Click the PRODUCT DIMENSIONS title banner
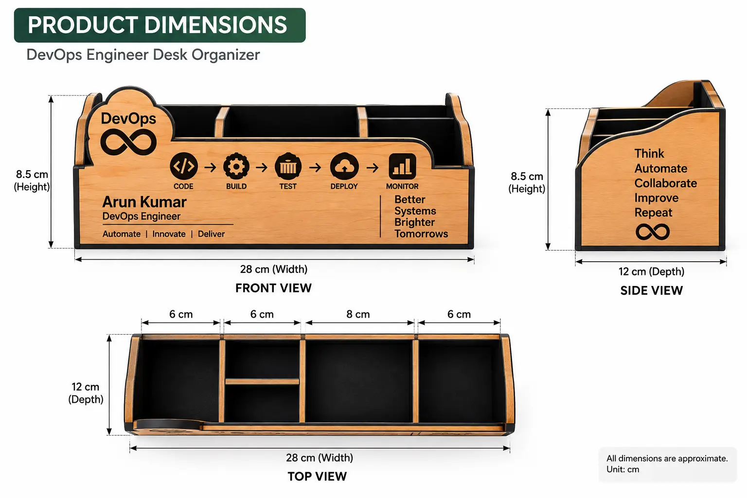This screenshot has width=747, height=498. pyautogui.click(x=160, y=25)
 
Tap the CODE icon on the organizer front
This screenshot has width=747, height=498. pyautogui.click(x=183, y=166)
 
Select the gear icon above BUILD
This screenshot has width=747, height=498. pyautogui.click(x=236, y=166)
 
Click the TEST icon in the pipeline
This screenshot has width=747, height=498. pyautogui.click(x=288, y=166)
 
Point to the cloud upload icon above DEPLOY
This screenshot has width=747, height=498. pyautogui.click(x=344, y=166)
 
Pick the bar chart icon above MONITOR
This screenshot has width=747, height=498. pyautogui.click(x=402, y=166)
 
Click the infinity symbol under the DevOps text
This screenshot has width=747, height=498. pyautogui.click(x=128, y=142)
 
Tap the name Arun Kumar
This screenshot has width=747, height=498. pyautogui.click(x=144, y=202)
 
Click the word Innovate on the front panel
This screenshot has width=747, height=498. pyautogui.click(x=169, y=234)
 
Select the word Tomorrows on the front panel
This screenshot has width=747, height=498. pyautogui.click(x=421, y=233)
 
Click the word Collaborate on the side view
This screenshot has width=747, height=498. pyautogui.click(x=665, y=183)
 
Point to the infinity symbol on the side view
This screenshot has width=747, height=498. pyautogui.click(x=653, y=232)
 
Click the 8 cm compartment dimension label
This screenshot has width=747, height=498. pyautogui.click(x=358, y=314)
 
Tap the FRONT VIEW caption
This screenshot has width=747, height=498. pyautogui.click(x=273, y=288)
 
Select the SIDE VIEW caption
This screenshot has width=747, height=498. pyautogui.click(x=651, y=290)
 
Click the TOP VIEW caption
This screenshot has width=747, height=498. pyautogui.click(x=317, y=476)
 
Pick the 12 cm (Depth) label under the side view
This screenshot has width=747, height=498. pyautogui.click(x=651, y=271)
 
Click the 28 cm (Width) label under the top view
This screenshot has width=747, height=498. pyautogui.click(x=319, y=458)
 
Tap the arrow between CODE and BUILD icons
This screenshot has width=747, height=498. pyautogui.click(x=210, y=167)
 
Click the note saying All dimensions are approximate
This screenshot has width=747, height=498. pyautogui.click(x=667, y=458)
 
